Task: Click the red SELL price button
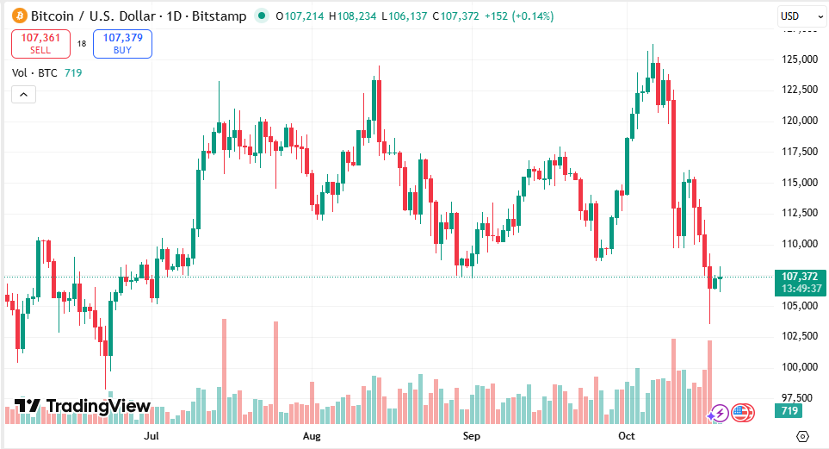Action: click(40, 43)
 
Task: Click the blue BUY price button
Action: click(122, 43)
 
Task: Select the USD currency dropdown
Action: click(795, 16)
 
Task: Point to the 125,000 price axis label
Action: click(797, 59)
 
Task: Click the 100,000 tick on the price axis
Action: click(797, 367)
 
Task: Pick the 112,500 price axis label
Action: click(797, 213)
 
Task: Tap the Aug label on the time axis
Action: click(312, 437)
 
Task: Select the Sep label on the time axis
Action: click(471, 437)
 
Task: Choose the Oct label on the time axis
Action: click(627, 437)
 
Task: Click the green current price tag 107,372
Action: click(799, 277)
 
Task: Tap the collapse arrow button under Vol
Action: click(23, 94)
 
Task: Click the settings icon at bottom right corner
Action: click(803, 437)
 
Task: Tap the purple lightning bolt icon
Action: click(717, 414)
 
